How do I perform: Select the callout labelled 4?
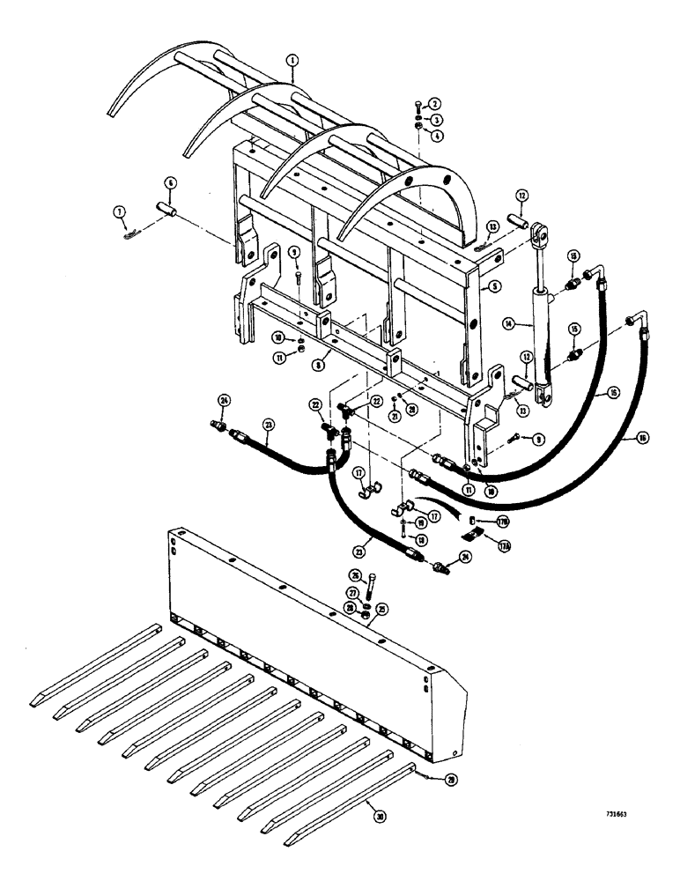point(435,135)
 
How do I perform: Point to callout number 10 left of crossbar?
point(277,337)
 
